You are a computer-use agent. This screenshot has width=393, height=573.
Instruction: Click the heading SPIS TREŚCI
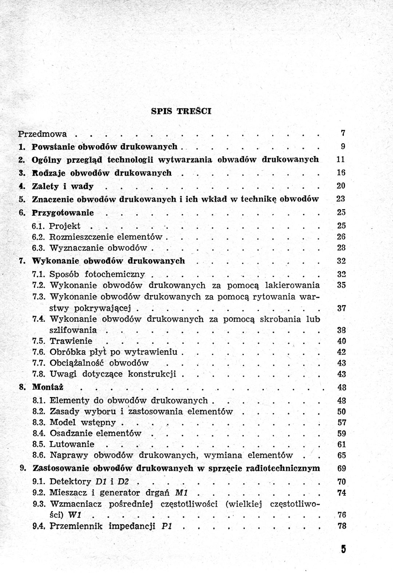click(x=181, y=111)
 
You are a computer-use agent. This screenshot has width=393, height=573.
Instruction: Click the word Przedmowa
click(x=43, y=134)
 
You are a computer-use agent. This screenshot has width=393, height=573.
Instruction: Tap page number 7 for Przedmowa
click(x=343, y=133)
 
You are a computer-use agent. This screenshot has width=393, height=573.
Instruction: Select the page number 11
click(x=341, y=160)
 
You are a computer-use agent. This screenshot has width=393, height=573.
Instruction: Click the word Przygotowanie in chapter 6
click(x=63, y=213)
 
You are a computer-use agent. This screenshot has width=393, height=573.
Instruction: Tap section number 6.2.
click(x=38, y=237)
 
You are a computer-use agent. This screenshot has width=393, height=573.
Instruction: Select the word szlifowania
click(x=73, y=330)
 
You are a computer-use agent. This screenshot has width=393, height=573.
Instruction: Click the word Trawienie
click(x=71, y=341)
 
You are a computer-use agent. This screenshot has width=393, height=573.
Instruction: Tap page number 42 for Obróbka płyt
click(x=341, y=352)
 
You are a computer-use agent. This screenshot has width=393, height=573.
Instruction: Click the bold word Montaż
click(x=48, y=387)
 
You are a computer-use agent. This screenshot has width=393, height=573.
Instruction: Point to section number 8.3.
click(x=39, y=423)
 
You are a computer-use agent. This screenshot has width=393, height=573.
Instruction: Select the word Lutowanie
click(x=72, y=444)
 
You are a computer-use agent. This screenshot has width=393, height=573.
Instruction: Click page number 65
click(x=341, y=455)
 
